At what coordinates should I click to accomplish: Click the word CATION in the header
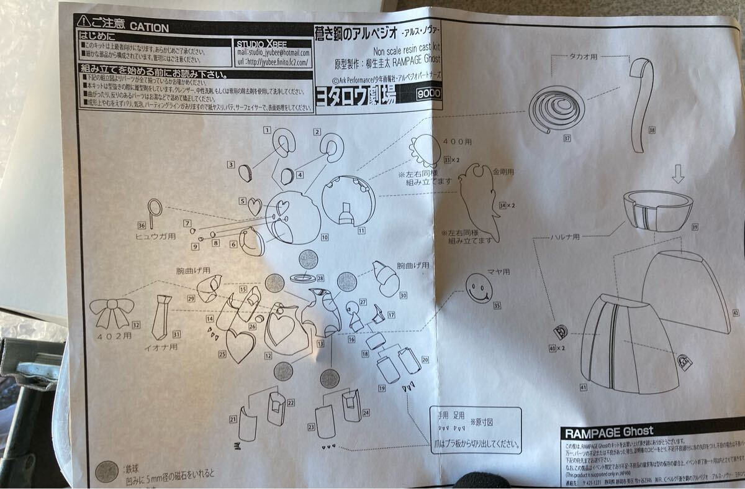(x=148, y=27)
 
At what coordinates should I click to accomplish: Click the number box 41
(x=584, y=386)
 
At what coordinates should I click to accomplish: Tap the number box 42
(x=736, y=314)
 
